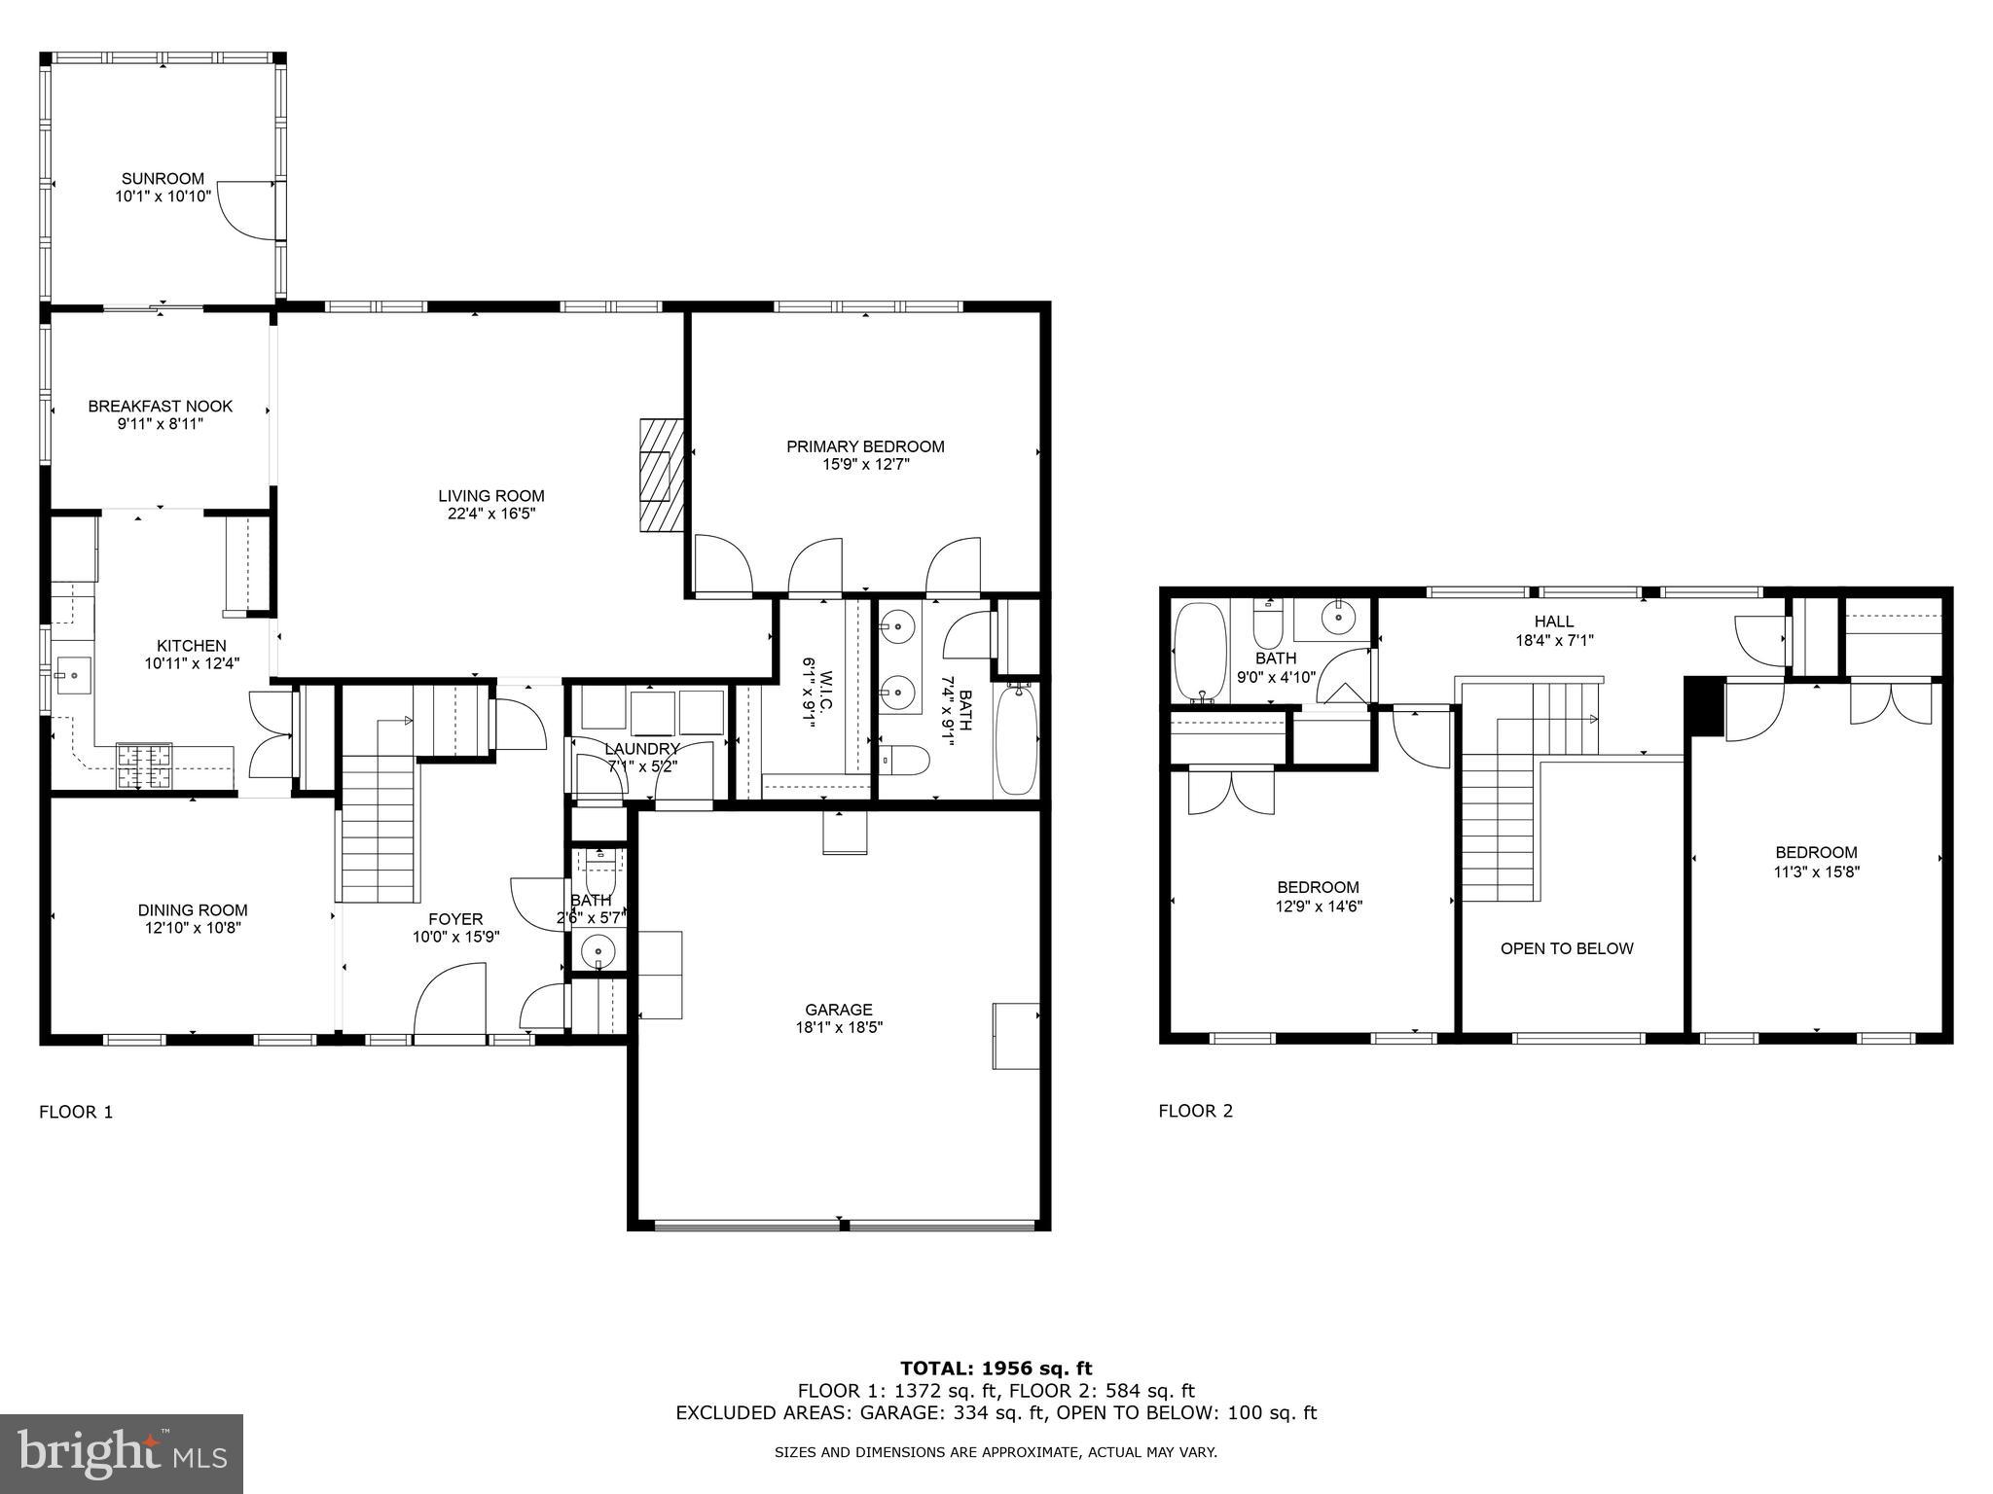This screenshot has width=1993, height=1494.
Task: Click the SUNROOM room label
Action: [163, 178]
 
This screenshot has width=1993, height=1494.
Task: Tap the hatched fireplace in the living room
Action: [661, 476]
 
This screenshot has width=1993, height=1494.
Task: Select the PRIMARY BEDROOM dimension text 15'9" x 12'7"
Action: [865, 465]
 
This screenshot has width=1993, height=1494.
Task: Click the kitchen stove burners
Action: [144, 765]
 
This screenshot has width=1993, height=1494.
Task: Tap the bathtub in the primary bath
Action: [1017, 739]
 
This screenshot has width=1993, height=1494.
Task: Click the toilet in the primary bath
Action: [902, 760]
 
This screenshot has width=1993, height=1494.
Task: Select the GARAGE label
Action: [838, 1010]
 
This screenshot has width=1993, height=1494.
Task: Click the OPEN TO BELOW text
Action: [1566, 948]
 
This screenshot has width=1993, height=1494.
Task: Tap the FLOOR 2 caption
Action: [1195, 1111]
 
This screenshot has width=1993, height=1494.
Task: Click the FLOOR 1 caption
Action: [76, 1112]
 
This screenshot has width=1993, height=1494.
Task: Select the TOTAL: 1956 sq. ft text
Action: [996, 1369]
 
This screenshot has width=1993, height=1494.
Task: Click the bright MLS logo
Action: [122, 1453]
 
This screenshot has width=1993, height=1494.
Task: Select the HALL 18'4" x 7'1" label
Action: [1553, 630]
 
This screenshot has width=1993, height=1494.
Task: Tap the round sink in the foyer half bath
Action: [598, 948]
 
